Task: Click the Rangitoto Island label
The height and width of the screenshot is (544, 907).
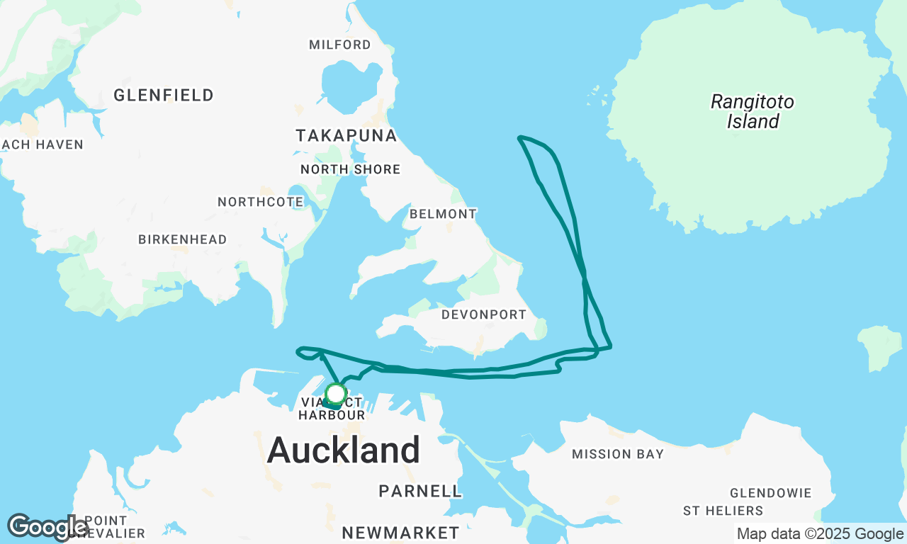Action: [x=753, y=112]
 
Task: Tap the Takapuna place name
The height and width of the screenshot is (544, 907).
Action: [x=346, y=135]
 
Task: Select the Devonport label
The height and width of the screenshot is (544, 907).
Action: [x=484, y=314]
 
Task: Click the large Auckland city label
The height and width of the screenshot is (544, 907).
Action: [x=344, y=450]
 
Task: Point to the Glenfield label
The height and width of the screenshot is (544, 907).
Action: [x=164, y=95]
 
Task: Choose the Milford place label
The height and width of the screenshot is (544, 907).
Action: [x=340, y=45]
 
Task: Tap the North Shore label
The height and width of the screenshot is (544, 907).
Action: [x=351, y=169]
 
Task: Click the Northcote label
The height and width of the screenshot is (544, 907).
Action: [x=261, y=202]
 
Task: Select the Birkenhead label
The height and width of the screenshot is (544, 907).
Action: [x=183, y=239]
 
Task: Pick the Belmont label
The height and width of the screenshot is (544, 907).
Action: [x=444, y=213]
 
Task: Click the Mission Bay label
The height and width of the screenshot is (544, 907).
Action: [x=618, y=454]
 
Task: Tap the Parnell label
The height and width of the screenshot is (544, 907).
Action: [x=420, y=491]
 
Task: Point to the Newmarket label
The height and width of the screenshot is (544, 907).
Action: [x=400, y=533]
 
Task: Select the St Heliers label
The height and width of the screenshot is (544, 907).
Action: [x=723, y=511]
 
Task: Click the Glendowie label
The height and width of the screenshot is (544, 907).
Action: [x=771, y=493]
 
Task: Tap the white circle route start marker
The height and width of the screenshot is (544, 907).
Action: [x=335, y=393]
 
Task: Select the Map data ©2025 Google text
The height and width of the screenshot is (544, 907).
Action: [x=820, y=534]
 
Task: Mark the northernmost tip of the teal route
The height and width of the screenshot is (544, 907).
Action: [x=521, y=137]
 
